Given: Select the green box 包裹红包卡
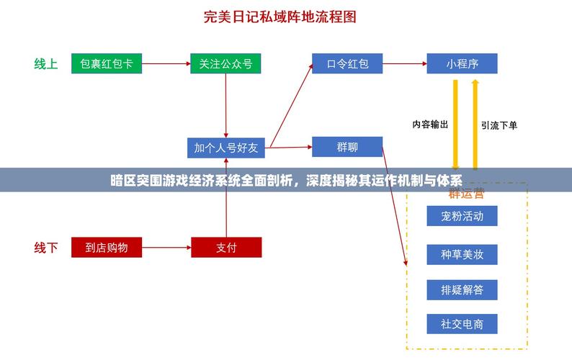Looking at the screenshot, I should point(107,63).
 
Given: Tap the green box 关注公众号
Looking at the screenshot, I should point(225,63).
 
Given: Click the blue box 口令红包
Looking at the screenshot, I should point(347,63).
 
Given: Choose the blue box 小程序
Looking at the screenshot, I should point(462,63).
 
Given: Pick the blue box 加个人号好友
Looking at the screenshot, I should point(225,148).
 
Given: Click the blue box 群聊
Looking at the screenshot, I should point(347,147).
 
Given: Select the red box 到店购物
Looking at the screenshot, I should point(107,248).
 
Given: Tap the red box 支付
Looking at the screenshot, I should point(225,248).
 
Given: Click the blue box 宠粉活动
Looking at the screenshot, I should point(462,216).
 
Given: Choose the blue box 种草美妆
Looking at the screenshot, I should point(462,254).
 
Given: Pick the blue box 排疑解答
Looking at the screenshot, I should point(462,289).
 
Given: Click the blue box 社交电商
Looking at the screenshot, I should point(462,324).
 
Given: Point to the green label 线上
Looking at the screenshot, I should point(46,63).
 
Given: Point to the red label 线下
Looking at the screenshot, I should point(46,248).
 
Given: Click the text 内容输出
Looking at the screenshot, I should point(430,124).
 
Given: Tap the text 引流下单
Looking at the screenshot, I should point(499,125).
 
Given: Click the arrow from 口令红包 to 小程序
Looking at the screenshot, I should point(404,63).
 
